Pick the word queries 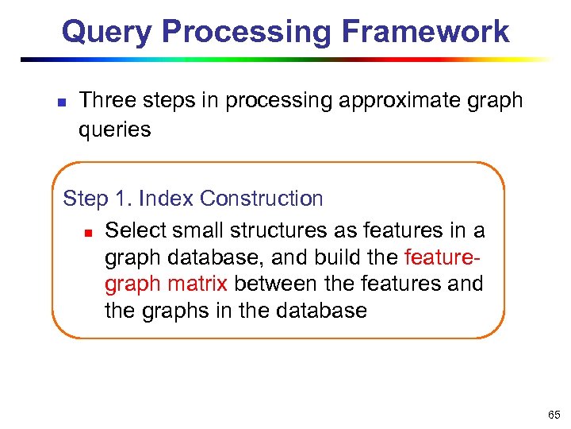(114, 129)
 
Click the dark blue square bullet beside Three (62, 102)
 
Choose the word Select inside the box (136, 230)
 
